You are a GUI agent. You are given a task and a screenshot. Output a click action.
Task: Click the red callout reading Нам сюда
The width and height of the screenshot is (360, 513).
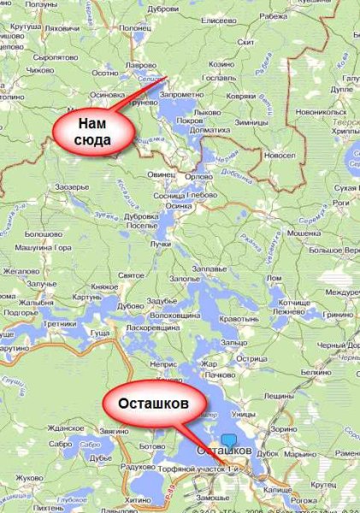(x=93, y=130)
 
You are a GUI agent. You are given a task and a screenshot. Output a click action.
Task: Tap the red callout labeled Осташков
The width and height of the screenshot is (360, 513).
(x=154, y=402)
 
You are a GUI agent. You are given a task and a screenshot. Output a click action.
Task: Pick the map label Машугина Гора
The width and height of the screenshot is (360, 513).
(x=39, y=249)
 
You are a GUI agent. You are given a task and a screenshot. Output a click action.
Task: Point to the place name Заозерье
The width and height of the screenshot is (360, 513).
(x=72, y=186)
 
